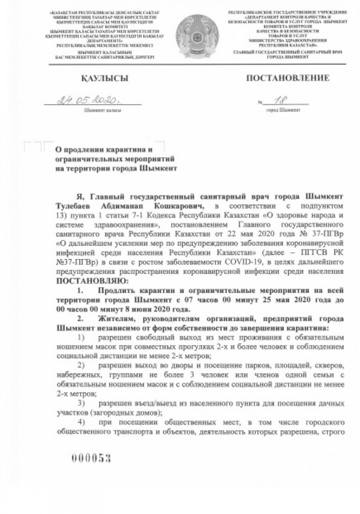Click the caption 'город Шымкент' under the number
click(283, 110)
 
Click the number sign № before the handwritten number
click(261, 102)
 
